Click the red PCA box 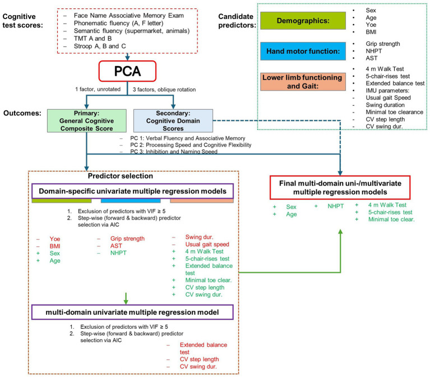pos(127,71)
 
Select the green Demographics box pos(303,21)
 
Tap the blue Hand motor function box pos(303,51)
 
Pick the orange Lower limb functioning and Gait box pos(303,82)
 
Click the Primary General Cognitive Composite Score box pos(87,121)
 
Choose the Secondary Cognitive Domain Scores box pos(173,121)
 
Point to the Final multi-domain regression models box pos(340,188)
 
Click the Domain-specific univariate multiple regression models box pos(133,191)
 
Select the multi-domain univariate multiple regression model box pos(133,312)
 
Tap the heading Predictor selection pos(121,176)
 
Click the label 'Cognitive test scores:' pos(23,21)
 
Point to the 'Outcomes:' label pos(22,113)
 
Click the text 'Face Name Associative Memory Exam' pos(129,16)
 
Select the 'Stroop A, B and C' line pos(100,46)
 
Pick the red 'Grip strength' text pos(127,239)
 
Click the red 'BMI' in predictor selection pos(55,246)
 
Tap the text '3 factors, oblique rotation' pos(164,90)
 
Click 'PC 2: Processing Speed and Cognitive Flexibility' pos(191,145)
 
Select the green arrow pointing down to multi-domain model pos(126,298)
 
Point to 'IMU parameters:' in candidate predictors pos(387,90)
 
